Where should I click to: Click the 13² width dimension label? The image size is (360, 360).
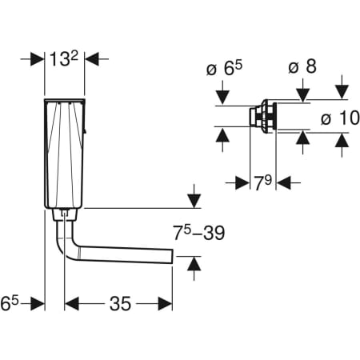click(64, 59)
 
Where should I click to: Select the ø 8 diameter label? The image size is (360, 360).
click(302, 66)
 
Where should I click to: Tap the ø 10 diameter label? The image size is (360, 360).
click(340, 118)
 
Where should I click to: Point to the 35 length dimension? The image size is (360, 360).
click(120, 303)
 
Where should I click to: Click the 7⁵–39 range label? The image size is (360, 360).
click(198, 233)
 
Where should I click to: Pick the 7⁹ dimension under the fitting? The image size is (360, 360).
click(262, 182)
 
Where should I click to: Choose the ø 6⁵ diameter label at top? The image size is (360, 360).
click(225, 69)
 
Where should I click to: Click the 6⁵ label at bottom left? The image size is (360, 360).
click(10, 303)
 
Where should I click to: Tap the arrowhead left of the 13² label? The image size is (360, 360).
click(38, 59)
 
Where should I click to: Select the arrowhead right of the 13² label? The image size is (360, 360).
click(92, 59)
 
